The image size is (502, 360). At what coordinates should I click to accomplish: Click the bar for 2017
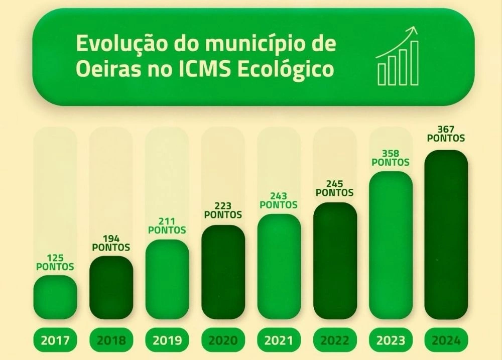point(55,297)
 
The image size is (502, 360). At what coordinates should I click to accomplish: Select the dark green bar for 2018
point(111,288)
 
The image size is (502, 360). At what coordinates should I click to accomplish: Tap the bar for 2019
point(167,279)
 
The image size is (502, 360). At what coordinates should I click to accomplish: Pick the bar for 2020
point(223,272)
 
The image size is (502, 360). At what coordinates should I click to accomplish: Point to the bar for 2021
point(279,267)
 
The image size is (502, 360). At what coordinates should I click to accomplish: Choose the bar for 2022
point(335,261)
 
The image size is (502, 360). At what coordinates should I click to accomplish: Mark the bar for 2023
point(391,245)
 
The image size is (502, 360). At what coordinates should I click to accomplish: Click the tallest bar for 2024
point(446,234)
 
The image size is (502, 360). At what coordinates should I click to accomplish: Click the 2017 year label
point(55,341)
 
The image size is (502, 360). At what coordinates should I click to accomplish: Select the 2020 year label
point(223,341)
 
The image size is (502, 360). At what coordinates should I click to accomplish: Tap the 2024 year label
point(446,341)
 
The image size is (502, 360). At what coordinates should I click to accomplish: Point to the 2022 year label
point(335,341)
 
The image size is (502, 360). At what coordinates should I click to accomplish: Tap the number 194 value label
point(111,239)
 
